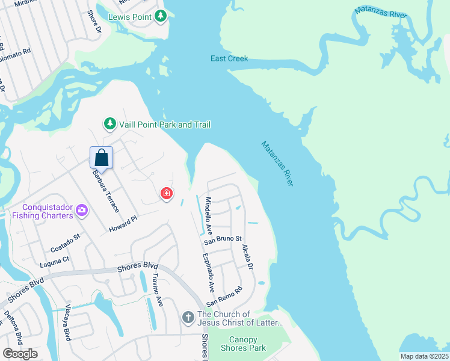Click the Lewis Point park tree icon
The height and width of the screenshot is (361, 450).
click(x=161, y=16)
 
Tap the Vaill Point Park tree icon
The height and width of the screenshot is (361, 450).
click(x=109, y=124)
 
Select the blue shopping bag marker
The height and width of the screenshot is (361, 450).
click(x=102, y=158)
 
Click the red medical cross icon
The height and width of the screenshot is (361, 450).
click(x=166, y=194)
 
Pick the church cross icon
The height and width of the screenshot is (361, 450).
click(x=188, y=317)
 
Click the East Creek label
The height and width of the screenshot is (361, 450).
click(x=229, y=59)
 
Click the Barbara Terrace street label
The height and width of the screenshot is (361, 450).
click(x=105, y=191)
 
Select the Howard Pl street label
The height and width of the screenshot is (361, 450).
click(x=123, y=225)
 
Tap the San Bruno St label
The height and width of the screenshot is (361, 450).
click(x=223, y=239)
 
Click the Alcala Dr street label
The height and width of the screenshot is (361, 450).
click(x=247, y=257)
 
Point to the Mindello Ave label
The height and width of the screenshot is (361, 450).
click(x=208, y=215)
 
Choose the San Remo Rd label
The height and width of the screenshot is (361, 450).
click(x=224, y=295)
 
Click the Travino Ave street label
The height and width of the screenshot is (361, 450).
click(x=158, y=290)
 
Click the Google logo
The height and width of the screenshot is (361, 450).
click(x=20, y=354)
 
